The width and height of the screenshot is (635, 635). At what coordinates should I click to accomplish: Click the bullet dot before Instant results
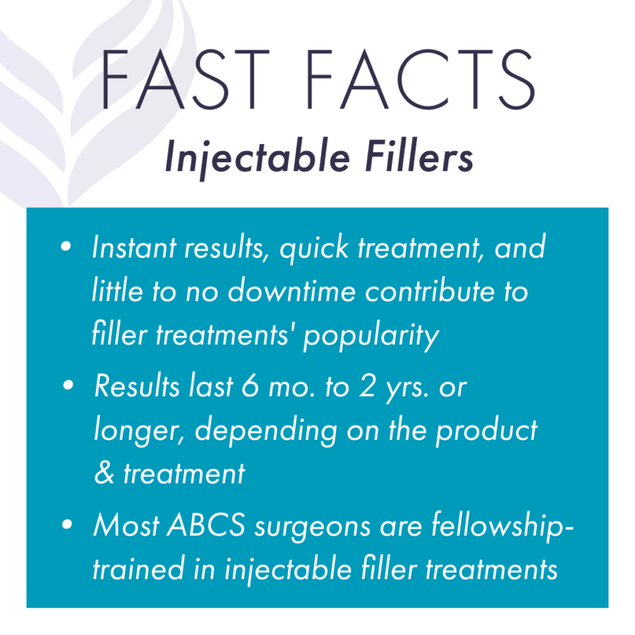pyautogui.click(x=66, y=248)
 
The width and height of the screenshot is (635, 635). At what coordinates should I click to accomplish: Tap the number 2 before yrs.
pyautogui.click(x=389, y=387)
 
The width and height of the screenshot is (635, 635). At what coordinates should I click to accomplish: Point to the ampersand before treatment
pyautogui.click(x=103, y=474)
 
